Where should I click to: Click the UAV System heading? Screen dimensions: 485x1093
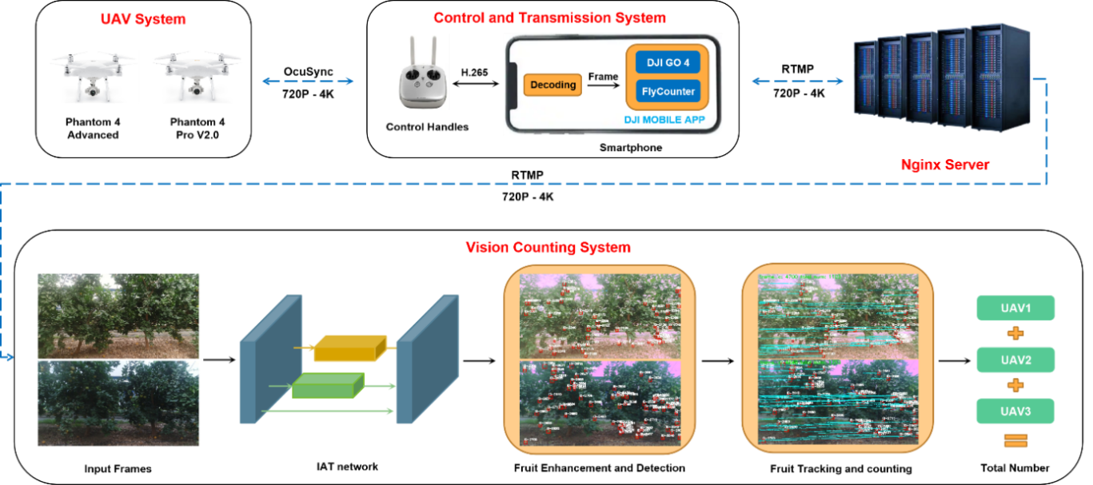pos(144,18)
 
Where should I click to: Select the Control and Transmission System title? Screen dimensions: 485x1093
pos(549,17)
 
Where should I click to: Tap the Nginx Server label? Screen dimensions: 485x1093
pos(945,165)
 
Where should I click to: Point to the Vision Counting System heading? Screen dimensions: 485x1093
pos(548,248)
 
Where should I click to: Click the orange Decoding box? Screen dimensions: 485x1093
pos(552,85)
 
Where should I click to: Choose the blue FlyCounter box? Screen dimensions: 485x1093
pos(668,92)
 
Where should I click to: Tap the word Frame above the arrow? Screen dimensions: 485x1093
pos(603,77)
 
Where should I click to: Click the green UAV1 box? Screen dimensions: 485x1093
pos(1015,308)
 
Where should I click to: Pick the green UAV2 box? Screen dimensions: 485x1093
pos(1015,360)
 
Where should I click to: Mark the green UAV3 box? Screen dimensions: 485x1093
pos(1015,411)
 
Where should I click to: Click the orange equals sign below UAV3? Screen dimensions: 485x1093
pos(1015,440)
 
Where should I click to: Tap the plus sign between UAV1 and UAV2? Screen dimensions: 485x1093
pos(1015,333)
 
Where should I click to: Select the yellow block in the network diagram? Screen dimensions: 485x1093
pos(350,348)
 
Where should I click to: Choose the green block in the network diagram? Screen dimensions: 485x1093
pos(327,386)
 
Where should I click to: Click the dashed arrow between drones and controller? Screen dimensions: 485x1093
pos(308,81)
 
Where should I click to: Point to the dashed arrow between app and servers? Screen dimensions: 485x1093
pos(797,81)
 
